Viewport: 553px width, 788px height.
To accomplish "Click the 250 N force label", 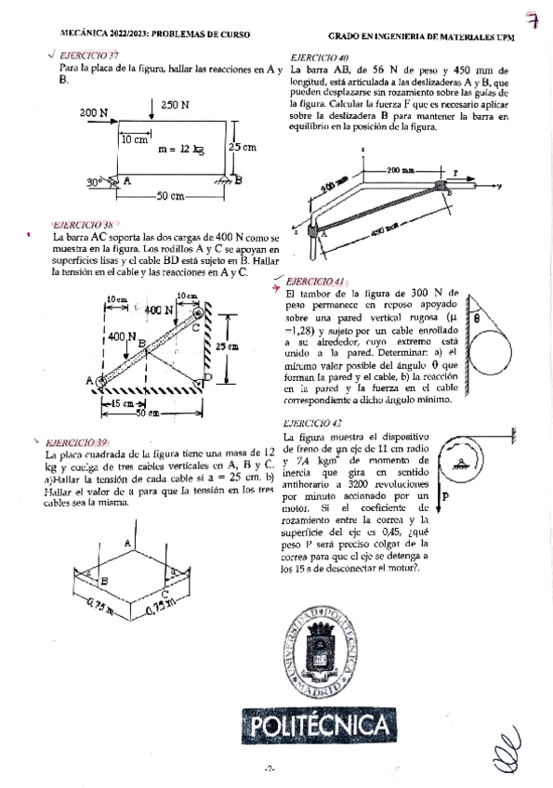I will point(176,105).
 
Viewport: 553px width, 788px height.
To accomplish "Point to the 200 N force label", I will point(93,112).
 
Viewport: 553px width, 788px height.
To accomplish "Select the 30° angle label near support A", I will point(96,182).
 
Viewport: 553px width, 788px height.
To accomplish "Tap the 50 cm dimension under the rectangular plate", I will point(169,196).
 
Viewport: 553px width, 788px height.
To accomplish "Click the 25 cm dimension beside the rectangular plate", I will point(244,147).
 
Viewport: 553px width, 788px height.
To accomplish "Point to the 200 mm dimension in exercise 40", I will point(402,171).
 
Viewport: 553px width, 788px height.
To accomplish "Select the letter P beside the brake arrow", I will point(445,497).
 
